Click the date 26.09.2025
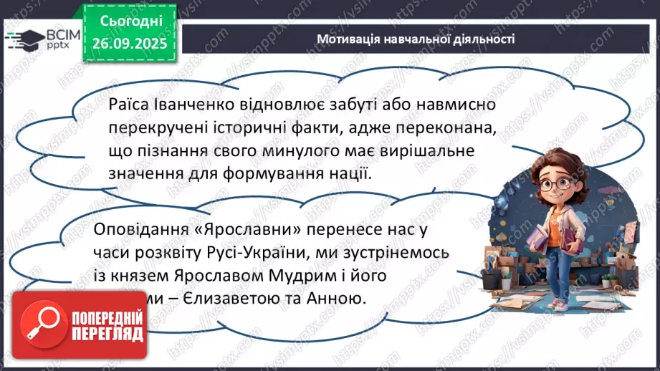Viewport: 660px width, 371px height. point(127,42)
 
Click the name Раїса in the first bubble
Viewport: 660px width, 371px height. point(128,105)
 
